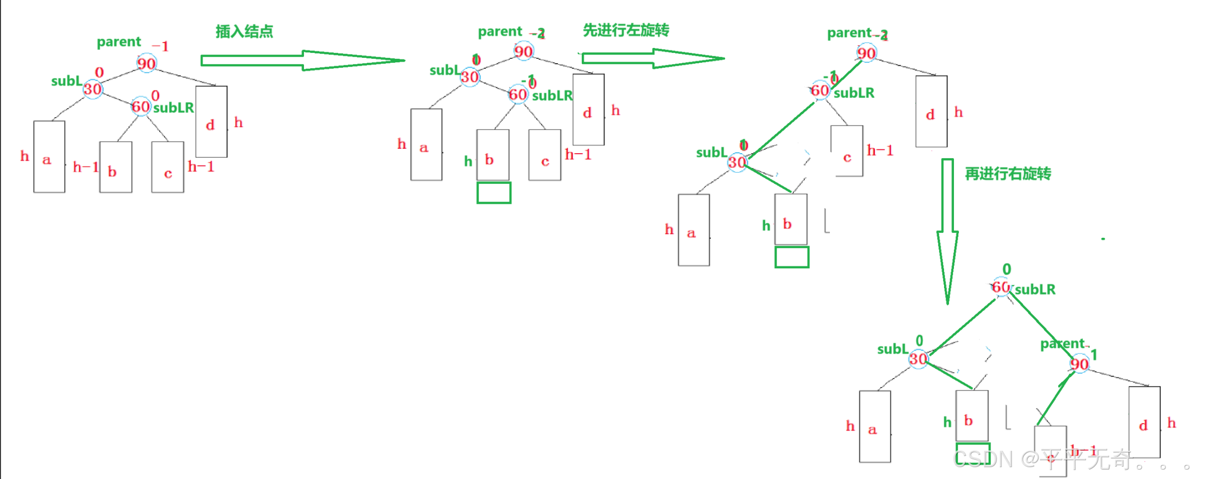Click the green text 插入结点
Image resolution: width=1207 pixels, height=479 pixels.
click(x=244, y=32)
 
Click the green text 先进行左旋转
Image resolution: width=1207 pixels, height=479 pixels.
click(x=626, y=30)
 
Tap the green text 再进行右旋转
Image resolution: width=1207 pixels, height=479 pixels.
click(x=1008, y=174)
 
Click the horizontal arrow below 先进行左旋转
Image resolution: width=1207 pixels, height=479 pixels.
click(x=652, y=58)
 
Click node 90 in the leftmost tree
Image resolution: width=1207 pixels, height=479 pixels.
click(x=146, y=63)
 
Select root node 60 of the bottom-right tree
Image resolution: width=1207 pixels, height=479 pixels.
click(x=1001, y=287)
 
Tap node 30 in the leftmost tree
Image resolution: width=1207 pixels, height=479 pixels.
click(x=92, y=89)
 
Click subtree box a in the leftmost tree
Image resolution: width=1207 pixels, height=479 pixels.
click(x=49, y=157)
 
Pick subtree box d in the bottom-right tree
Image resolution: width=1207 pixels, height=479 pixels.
click(x=1144, y=423)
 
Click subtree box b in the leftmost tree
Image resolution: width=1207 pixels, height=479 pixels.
click(x=116, y=167)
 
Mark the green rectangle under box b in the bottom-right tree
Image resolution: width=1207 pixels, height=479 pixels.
click(x=972, y=454)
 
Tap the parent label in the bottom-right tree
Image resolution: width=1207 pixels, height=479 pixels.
click(x=1062, y=344)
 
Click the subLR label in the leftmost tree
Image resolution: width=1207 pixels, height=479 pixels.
click(x=173, y=108)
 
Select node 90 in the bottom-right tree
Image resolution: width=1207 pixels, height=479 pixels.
click(x=1079, y=364)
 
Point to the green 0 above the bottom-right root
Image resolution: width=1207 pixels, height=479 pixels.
click(x=1007, y=269)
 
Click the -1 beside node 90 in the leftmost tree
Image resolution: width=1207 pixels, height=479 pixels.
click(x=161, y=46)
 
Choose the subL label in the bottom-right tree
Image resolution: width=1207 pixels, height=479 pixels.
click(x=893, y=349)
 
